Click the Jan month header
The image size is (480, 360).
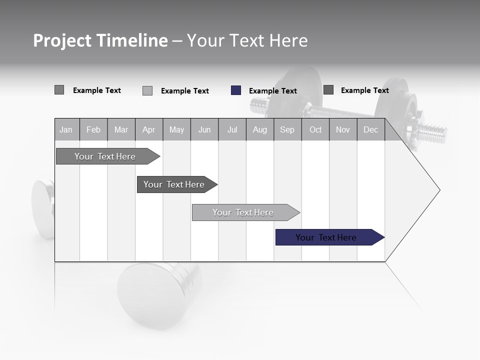click(x=66, y=129)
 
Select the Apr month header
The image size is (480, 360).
click(x=148, y=129)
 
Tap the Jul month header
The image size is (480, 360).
click(x=232, y=129)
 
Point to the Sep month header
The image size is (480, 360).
click(x=287, y=129)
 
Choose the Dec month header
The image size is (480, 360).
click(x=370, y=129)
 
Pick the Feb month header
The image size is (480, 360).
click(x=93, y=129)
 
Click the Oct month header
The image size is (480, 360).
click(x=315, y=129)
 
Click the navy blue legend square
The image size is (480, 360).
click(x=236, y=90)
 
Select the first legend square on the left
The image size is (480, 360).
click(x=59, y=90)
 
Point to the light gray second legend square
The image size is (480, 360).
click(x=147, y=90)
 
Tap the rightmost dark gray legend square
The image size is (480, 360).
click(x=328, y=89)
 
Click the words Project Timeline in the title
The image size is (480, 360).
click(x=100, y=40)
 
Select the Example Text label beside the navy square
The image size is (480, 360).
click(x=272, y=91)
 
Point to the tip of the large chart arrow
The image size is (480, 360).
click(x=439, y=190)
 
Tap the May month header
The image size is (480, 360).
click(x=176, y=129)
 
